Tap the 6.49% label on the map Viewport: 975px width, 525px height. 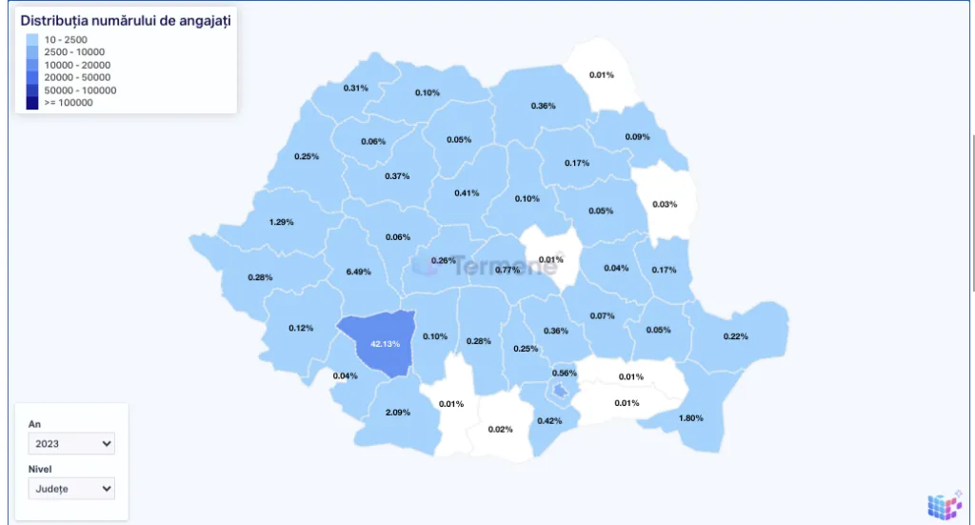coord(358,272)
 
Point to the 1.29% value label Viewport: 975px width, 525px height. coord(281,222)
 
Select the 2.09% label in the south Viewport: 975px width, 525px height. coord(398,412)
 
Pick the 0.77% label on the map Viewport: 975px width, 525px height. coord(507,270)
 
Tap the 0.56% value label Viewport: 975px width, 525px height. coord(565,373)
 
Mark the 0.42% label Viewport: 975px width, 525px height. coord(549,420)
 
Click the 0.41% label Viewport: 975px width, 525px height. coord(467,192)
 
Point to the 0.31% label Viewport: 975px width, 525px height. coord(355,88)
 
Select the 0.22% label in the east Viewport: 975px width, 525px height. coord(735,335)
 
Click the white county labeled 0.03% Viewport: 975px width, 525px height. coord(665,204)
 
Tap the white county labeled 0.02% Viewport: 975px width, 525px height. coord(500,429)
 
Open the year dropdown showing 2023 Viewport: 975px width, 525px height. coord(71,443)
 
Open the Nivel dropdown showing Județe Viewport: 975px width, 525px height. coord(71,489)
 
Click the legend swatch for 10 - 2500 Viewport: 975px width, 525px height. coord(32,39)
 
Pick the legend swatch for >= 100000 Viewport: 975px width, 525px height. coord(32,103)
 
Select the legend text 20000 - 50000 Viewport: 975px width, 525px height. coord(77,77)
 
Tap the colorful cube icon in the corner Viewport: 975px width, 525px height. coord(944,505)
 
